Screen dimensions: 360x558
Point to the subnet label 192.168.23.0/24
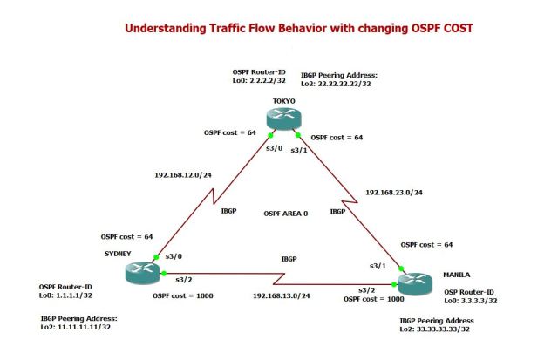(x=395, y=191)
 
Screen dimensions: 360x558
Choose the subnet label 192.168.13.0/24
(x=282, y=296)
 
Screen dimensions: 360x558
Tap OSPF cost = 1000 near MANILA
(x=373, y=299)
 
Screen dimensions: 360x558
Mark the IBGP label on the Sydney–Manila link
(x=288, y=260)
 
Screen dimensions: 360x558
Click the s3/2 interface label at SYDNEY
(x=183, y=279)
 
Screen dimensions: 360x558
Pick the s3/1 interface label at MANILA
(x=377, y=263)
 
